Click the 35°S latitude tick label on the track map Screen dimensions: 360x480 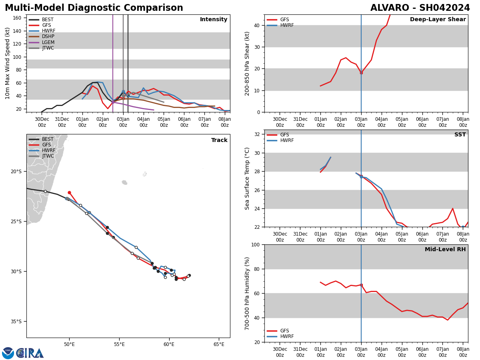tap(16, 321)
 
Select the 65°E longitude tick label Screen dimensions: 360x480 tap(219, 344)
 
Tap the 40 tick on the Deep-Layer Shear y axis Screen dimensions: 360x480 tap(257, 25)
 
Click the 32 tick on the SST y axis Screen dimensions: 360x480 tap(257, 134)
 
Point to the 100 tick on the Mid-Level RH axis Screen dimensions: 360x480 tap(255, 244)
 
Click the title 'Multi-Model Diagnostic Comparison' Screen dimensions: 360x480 tap(94, 8)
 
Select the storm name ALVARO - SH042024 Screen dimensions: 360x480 tap(420, 8)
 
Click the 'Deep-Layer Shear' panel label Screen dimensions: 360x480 tap(438, 20)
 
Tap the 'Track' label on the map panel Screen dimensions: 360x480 tap(219, 140)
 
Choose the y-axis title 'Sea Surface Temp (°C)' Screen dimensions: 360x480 tap(247, 178)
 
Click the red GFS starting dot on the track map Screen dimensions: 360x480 tap(69, 192)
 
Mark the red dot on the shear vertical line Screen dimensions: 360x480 tap(361, 73)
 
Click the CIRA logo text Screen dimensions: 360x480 tap(30, 353)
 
